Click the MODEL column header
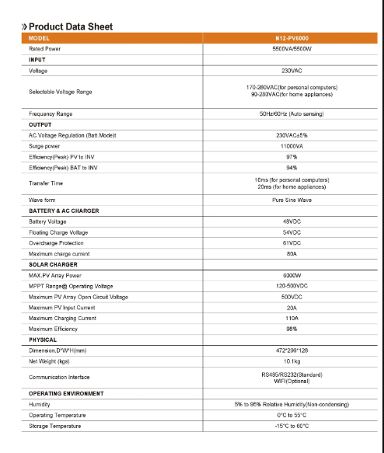click(x=40, y=38)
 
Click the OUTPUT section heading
click(x=40, y=124)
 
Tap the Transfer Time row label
click(x=46, y=183)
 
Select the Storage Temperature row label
click(x=58, y=426)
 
